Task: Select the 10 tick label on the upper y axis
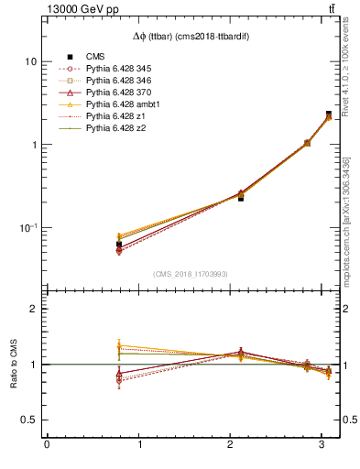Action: click(30, 61)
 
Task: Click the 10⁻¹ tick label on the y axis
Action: click(27, 227)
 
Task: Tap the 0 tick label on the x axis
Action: click(46, 446)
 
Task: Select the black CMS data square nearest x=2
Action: click(241, 198)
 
